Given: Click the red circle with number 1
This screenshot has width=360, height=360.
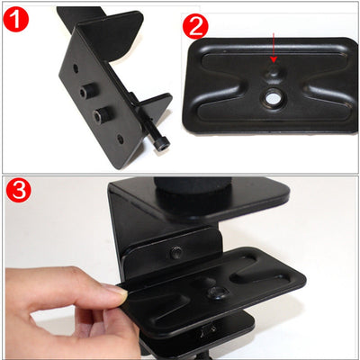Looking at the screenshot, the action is coord(15,19).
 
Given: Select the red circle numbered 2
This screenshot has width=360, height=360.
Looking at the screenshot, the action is coord(195,26).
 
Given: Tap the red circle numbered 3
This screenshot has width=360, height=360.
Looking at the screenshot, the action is coord(19,190).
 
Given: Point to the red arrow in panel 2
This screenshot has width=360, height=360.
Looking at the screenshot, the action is coord(273,48).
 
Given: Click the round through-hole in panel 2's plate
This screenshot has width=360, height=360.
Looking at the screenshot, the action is coord(273,97).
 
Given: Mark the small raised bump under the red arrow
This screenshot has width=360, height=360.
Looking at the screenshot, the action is coord(273,71).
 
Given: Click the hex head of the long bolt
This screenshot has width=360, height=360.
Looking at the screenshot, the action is coord(163,144).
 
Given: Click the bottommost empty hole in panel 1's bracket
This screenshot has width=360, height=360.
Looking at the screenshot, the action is coord(121,139).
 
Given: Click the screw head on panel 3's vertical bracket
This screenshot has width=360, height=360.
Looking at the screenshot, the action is coord(175,253).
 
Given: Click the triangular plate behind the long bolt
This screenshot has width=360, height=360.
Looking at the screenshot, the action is coord(156,108).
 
